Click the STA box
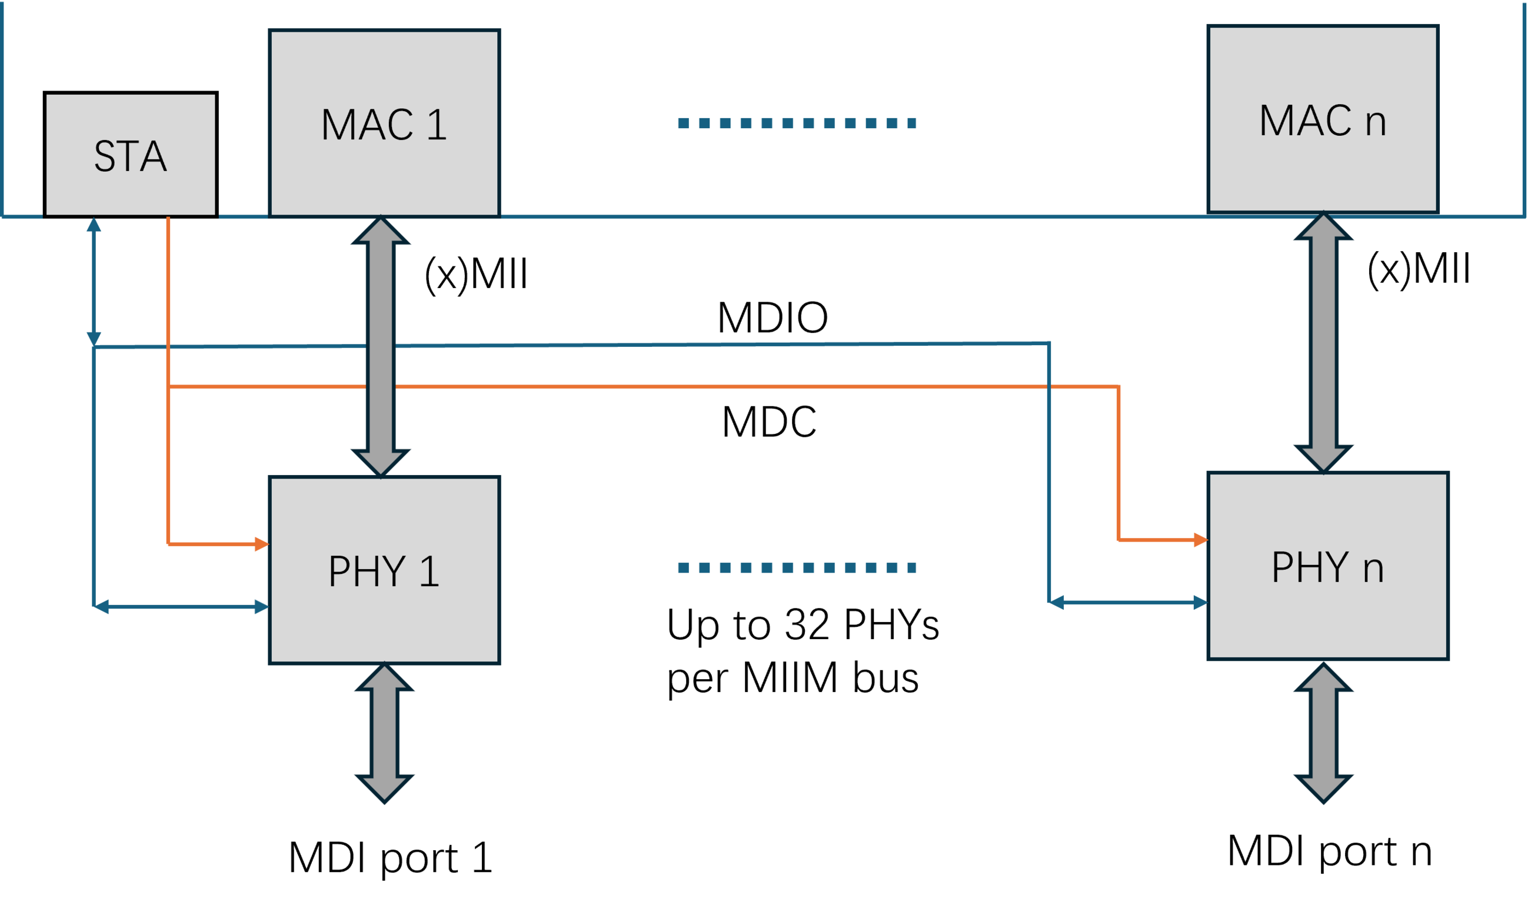coord(131,155)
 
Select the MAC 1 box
coord(384,122)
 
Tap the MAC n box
coord(1323,119)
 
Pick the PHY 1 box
coord(384,570)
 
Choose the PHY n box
coord(1327,566)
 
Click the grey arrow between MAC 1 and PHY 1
coord(381,347)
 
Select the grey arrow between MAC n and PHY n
coord(1323,343)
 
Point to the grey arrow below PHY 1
coord(384,734)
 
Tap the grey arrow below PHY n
coord(1323,734)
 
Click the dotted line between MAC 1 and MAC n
coord(797,123)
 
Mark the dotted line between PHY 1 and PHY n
coord(797,568)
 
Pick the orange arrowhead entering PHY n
coord(1201,540)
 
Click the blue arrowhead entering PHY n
coord(1201,603)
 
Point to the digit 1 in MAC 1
coord(437,124)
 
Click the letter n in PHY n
coord(1373,569)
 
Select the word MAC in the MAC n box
coord(1305,120)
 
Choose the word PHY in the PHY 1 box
coord(367,571)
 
